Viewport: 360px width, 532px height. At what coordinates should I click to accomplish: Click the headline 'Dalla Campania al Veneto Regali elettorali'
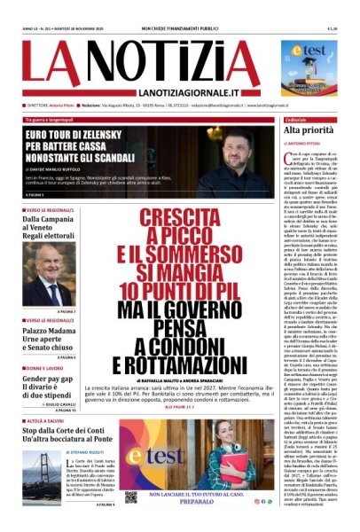click(56, 228)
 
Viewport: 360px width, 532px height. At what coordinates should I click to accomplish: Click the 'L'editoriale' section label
click(296, 118)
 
